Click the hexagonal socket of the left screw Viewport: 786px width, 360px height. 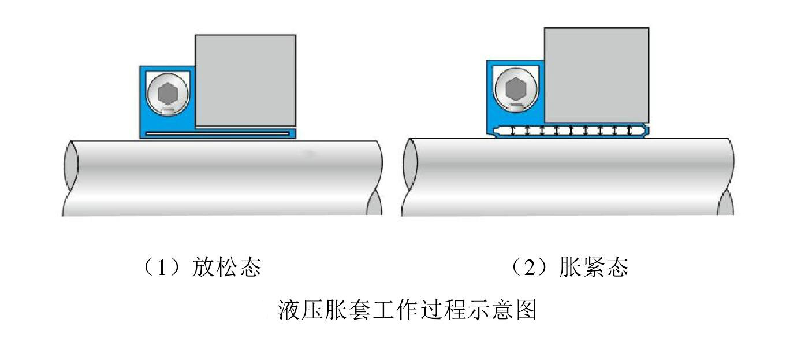[x=166, y=92]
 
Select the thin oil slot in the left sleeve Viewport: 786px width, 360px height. [x=217, y=133]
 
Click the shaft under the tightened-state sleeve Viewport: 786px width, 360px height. [x=569, y=176]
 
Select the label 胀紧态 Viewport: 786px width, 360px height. [x=594, y=268]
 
